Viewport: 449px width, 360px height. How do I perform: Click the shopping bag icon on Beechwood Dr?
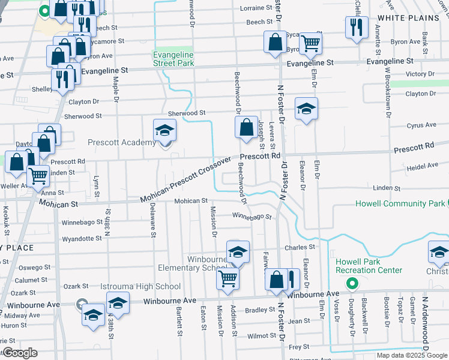246,127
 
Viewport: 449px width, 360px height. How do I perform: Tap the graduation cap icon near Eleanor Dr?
306,109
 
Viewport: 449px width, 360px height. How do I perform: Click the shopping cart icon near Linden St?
38,176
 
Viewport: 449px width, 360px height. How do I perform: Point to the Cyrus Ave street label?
421,125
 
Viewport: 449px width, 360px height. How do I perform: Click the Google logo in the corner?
20,353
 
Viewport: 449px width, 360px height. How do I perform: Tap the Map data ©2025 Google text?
412,355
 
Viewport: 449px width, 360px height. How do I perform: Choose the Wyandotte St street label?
82,238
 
